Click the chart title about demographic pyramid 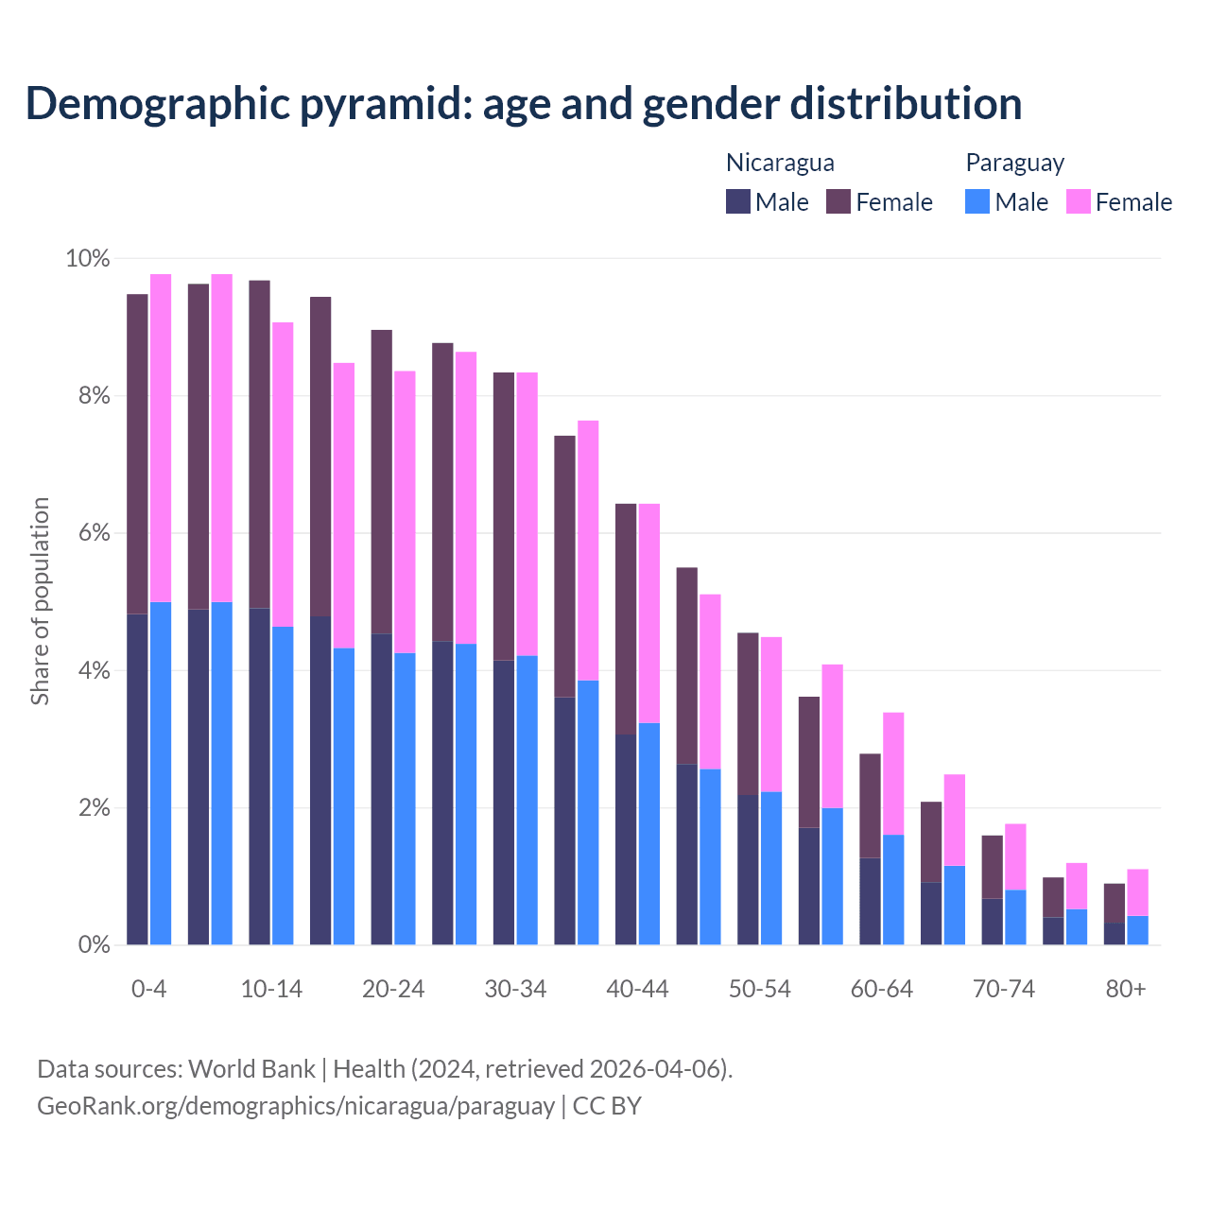tap(524, 103)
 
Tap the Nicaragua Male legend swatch tap(737, 202)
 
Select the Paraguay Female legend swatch tap(1078, 202)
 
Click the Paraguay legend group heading tap(1014, 163)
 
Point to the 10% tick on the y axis tap(87, 258)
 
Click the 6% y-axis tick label tap(93, 533)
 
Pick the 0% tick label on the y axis tap(93, 944)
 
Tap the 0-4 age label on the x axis tap(149, 989)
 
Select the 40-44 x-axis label tap(637, 989)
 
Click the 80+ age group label tap(1126, 989)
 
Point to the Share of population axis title tap(40, 601)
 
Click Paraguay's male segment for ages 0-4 tap(161, 773)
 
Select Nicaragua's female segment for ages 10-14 tap(259, 444)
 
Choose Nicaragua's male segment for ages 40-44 tap(626, 839)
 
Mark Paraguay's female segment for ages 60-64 tap(893, 773)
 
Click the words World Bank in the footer tap(251, 1069)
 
